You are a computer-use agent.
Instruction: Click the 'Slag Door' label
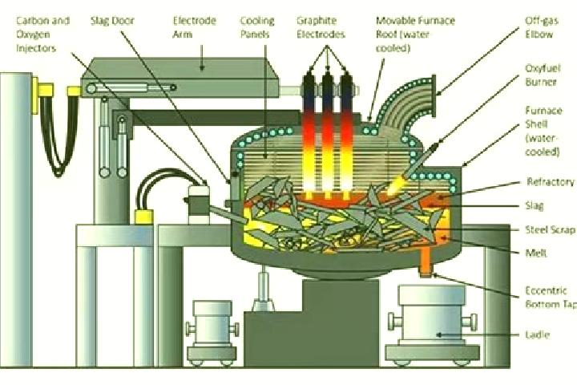[113, 21]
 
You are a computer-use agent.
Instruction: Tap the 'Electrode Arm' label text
[194, 27]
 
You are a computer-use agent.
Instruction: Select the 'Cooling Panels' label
[257, 27]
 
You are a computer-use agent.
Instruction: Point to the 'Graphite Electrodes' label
[321, 27]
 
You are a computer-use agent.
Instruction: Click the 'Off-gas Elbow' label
[541, 27]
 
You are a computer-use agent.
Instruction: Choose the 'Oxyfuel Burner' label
[543, 75]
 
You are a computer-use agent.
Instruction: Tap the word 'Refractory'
[551, 181]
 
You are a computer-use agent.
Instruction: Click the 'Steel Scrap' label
[551, 230]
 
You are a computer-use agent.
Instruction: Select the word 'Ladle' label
[538, 335]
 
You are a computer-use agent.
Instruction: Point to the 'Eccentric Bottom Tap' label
[551, 297]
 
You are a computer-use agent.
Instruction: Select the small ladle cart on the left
[212, 331]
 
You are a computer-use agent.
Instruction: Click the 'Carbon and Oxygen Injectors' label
[42, 34]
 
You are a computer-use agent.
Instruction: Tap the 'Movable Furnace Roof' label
[415, 34]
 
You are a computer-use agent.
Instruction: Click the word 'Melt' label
[536, 253]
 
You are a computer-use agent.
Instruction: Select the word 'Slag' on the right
[535, 205]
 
